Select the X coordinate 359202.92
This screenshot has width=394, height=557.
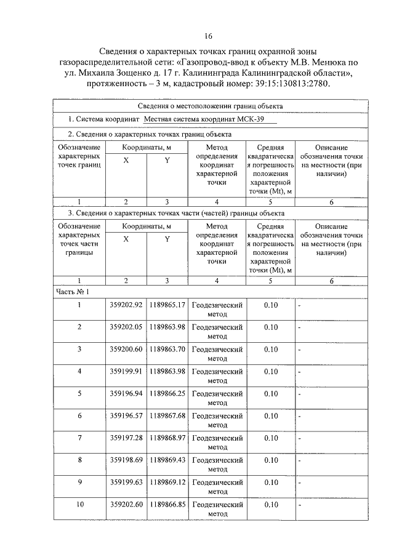126,305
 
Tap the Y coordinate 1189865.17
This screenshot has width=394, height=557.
167,305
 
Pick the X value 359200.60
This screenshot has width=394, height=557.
126,349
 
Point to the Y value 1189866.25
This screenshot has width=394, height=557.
167,393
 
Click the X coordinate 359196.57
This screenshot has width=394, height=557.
126,415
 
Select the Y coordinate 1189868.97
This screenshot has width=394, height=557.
167,438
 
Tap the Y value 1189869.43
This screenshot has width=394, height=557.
167,460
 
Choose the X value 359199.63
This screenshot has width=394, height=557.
126,482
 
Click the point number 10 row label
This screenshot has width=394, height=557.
79,504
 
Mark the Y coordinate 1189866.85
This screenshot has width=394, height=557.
167,504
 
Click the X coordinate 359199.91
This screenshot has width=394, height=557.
126,371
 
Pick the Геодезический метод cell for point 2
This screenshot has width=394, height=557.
218,331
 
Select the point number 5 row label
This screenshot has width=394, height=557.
79,393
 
